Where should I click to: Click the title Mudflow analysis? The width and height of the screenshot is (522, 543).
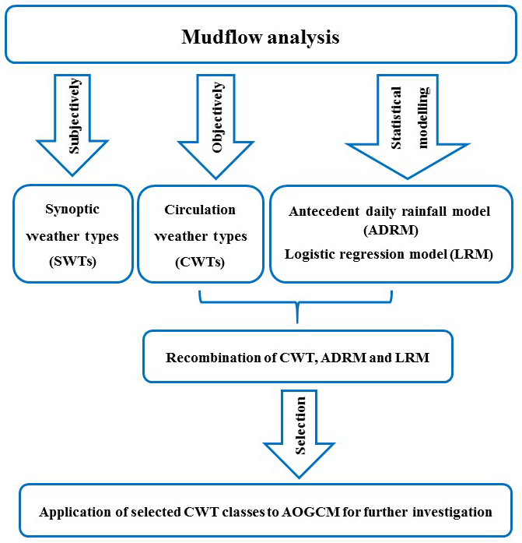tap(260, 37)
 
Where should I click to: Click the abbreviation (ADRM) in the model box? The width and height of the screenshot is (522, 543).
tap(390, 231)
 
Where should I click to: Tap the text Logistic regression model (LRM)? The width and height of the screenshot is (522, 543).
tap(390, 254)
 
